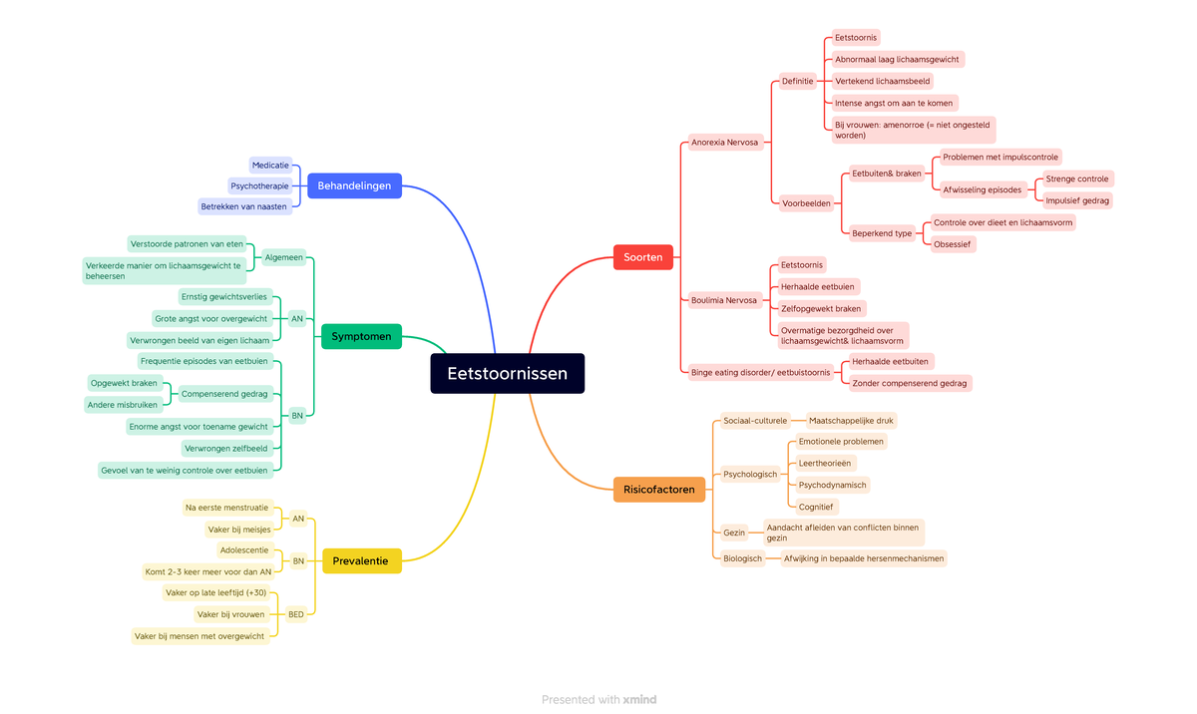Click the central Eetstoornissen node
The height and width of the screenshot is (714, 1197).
click(507, 374)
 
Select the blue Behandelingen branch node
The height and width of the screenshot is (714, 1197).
click(354, 185)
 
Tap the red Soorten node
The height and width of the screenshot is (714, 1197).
click(643, 257)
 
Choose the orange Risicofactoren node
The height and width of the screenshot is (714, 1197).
click(659, 490)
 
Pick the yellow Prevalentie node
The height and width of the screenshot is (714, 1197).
click(361, 561)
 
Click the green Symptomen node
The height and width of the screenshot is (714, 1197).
click(361, 337)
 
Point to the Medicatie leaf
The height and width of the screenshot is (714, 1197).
click(270, 165)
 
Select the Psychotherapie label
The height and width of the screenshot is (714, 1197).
click(259, 185)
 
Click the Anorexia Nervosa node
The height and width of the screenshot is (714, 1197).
click(725, 143)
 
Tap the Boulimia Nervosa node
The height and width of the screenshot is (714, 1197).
click(725, 300)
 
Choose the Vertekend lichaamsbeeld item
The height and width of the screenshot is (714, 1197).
click(882, 81)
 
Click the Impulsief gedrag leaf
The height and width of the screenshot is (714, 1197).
click(1077, 200)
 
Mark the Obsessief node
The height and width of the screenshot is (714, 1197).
click(952, 244)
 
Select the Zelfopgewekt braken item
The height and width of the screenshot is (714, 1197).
click(821, 308)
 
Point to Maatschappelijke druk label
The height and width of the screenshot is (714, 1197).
click(851, 421)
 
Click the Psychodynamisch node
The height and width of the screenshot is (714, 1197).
click(832, 485)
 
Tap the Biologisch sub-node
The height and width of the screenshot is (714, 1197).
click(742, 558)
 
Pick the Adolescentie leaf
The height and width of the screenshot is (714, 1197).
click(244, 550)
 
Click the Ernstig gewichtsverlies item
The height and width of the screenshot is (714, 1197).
click(224, 297)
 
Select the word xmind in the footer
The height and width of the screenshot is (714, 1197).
click(639, 700)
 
